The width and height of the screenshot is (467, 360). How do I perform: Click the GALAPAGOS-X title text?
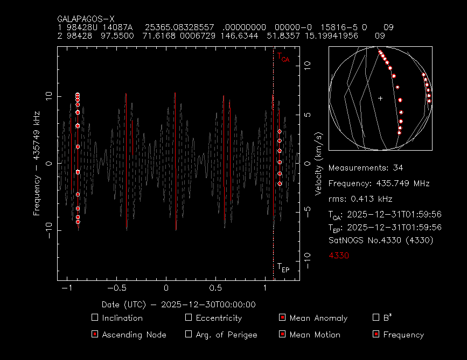(x=86, y=19)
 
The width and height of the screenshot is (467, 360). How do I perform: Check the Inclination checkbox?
(x=95, y=317)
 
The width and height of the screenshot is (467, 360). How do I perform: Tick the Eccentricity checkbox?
(x=189, y=317)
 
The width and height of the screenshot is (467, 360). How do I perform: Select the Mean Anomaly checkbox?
(x=282, y=317)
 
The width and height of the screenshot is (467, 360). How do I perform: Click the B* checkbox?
(x=376, y=317)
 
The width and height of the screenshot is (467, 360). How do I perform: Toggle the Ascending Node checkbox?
(x=95, y=334)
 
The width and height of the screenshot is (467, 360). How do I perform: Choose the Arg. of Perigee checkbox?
(x=189, y=334)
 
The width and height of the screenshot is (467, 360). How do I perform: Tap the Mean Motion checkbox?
(x=282, y=334)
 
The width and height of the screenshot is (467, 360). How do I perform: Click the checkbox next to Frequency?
(x=376, y=334)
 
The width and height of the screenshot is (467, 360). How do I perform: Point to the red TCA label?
(x=283, y=58)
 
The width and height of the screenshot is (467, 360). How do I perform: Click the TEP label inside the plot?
(x=283, y=267)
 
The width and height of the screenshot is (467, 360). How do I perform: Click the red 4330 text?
(x=339, y=255)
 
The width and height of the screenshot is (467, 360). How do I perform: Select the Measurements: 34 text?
(x=365, y=168)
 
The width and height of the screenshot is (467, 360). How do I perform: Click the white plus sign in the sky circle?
(x=380, y=98)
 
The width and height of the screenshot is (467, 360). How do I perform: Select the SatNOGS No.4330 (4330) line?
(x=380, y=240)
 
